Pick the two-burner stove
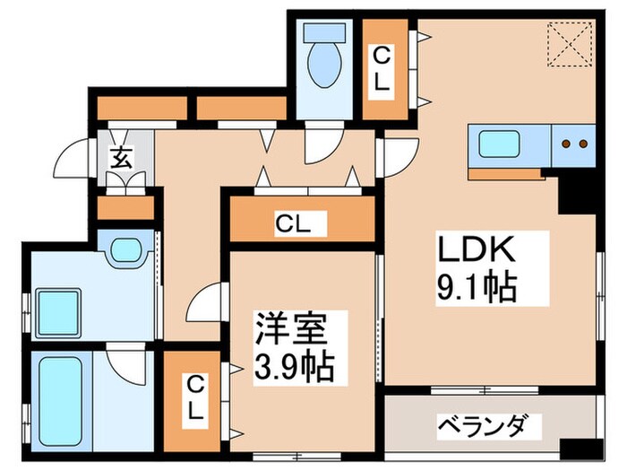(x=573, y=144)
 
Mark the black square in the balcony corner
(x=575, y=450)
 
